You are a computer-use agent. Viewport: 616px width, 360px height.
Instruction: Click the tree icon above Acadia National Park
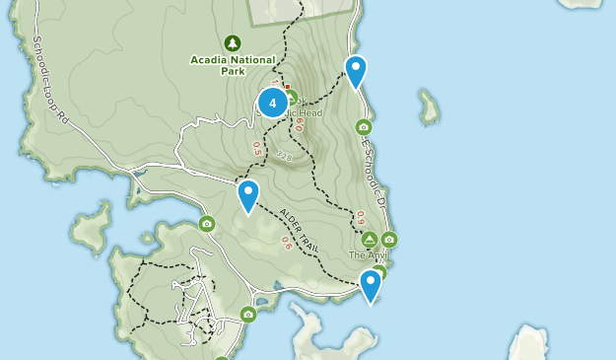point(233,43)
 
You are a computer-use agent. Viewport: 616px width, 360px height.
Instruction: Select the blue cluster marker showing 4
point(272,102)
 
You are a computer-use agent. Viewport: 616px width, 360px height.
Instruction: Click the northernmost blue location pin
point(355,72)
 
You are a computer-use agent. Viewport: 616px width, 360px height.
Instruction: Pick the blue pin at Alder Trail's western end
point(247,195)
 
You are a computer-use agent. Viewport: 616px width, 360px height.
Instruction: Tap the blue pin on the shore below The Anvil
point(371,285)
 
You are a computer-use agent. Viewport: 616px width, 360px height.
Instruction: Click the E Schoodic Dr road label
point(372,174)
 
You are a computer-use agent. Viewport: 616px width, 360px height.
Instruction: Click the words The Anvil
point(368,255)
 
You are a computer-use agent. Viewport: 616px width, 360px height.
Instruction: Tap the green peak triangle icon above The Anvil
point(369,240)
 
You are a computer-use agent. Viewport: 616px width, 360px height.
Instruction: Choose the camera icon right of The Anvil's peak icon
point(389,239)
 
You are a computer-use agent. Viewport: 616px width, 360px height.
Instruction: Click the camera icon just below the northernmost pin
point(364,126)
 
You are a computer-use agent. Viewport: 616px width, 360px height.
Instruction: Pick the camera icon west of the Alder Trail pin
point(207,224)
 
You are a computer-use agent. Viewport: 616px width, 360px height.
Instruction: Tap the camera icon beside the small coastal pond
point(248,315)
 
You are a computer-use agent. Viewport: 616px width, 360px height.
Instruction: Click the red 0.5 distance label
point(258,149)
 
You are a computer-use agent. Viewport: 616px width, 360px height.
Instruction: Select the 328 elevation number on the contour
point(286,155)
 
